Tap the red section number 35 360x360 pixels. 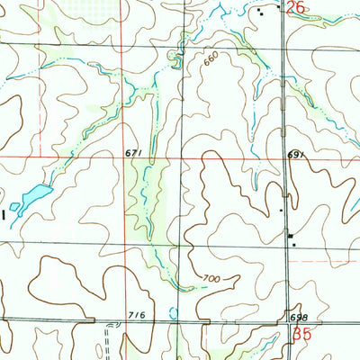pos(302,334)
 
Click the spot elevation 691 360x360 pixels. pos(298,155)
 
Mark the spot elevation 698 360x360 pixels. pos(299,319)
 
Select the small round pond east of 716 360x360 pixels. pos(174,313)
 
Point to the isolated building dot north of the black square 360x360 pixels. pos(281,211)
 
